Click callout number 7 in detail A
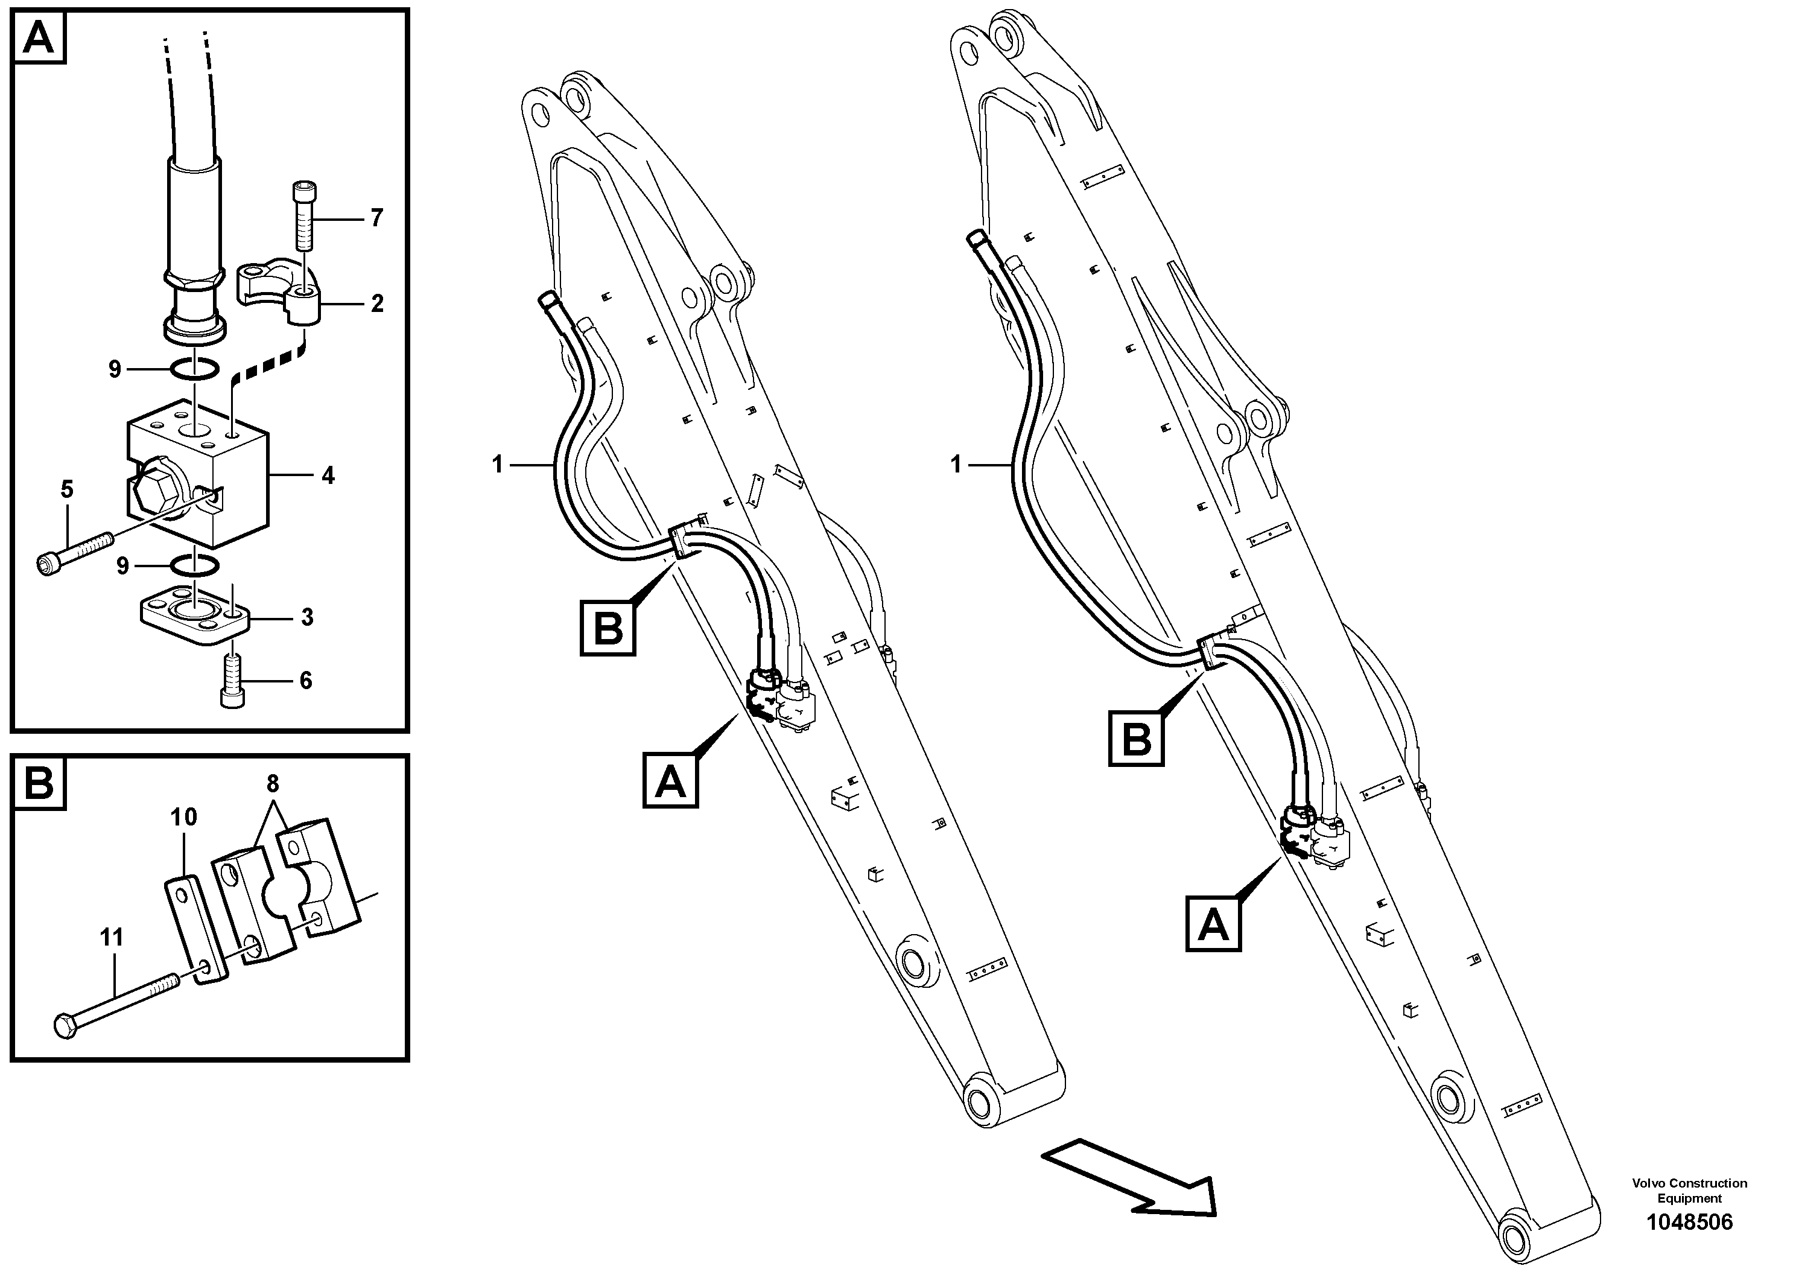pyautogui.click(x=377, y=218)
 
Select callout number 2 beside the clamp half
pyautogui.click(x=377, y=304)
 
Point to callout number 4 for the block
pyautogui.click(x=328, y=475)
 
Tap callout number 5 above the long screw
pyautogui.click(x=68, y=490)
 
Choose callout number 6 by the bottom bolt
pyautogui.click(x=306, y=681)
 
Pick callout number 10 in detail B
pyautogui.click(x=184, y=817)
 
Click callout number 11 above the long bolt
pyautogui.click(x=112, y=937)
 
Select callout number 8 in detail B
pyautogui.click(x=272, y=783)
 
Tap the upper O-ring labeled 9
pyautogui.click(x=193, y=369)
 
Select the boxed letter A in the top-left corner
pyautogui.click(x=39, y=37)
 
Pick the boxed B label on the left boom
pyautogui.click(x=607, y=628)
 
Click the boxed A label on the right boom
pyautogui.click(x=1213, y=924)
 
